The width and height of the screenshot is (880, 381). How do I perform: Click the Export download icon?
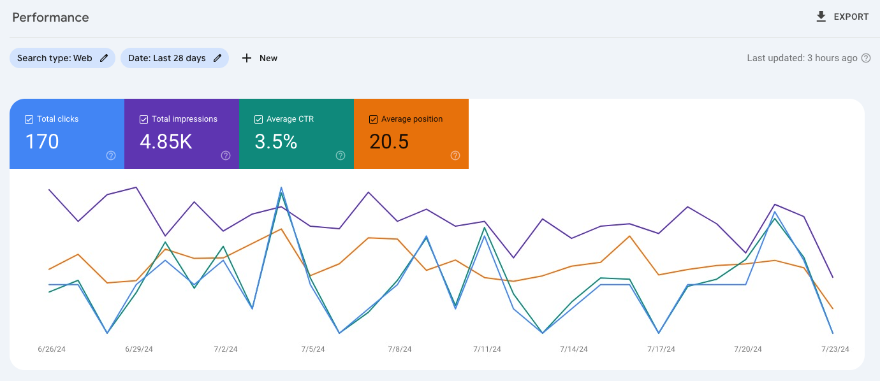[x=821, y=17]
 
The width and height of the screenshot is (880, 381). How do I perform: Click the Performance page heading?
[x=50, y=17]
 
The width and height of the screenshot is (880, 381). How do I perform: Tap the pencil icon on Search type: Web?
[x=104, y=58]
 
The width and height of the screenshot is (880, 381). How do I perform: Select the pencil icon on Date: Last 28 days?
[x=217, y=58]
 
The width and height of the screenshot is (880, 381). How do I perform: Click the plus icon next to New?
[x=247, y=58]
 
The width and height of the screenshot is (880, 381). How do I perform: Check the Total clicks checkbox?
[x=29, y=119]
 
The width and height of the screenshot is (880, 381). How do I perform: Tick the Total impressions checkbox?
[x=143, y=119]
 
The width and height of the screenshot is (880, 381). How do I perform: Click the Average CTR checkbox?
[x=258, y=119]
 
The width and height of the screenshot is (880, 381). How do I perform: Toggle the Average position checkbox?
[x=373, y=119]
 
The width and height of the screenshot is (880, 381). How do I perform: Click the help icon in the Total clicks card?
[x=111, y=155]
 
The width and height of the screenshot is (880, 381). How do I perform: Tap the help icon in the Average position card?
[x=455, y=155]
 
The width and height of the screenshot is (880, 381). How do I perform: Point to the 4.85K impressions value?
[x=166, y=141]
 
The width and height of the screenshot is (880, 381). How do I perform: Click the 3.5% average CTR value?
[x=275, y=141]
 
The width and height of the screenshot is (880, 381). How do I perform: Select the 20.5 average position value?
[x=389, y=141]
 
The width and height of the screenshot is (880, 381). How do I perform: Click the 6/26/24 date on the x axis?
[x=52, y=349]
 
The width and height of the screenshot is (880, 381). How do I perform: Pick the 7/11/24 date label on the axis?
[x=487, y=349]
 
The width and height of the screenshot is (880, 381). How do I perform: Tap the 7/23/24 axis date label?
[x=835, y=349]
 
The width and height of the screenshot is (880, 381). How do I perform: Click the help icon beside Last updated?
[x=866, y=58]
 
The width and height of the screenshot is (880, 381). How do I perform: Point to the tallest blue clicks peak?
[x=281, y=188]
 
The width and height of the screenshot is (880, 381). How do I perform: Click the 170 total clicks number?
[x=42, y=141]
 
